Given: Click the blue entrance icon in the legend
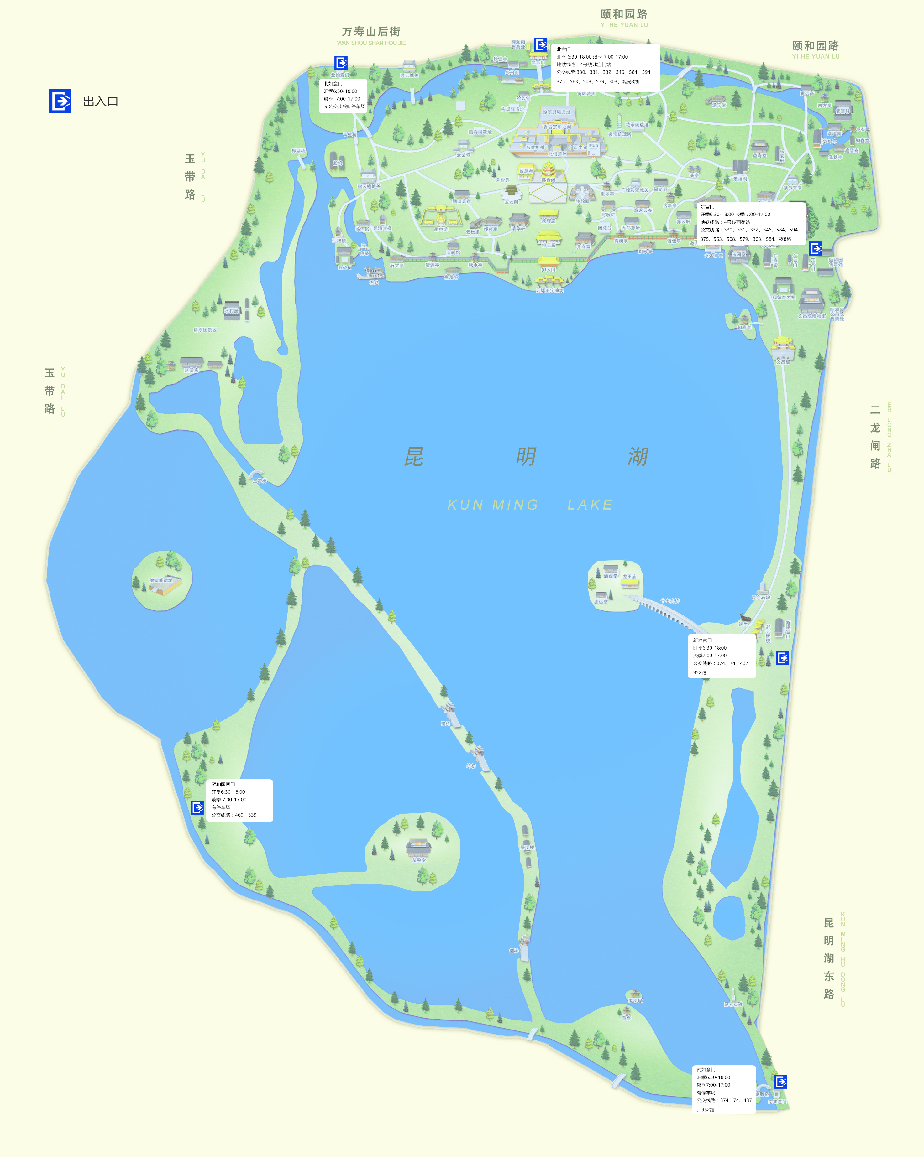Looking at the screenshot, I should pyautogui.click(x=60, y=101).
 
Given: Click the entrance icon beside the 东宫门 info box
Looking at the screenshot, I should pyautogui.click(x=815, y=248).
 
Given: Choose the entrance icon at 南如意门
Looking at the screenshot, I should pyautogui.click(x=781, y=1081).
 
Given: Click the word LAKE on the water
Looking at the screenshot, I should pyautogui.click(x=590, y=505).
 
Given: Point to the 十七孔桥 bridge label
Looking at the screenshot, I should pyautogui.click(x=669, y=601).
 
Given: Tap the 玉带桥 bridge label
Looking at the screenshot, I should pyautogui.click(x=259, y=481).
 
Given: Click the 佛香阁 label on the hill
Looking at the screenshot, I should pyautogui.click(x=548, y=180).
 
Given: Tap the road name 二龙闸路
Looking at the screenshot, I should pyautogui.click(x=875, y=437).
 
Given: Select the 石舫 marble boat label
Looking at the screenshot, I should pyautogui.click(x=374, y=283).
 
